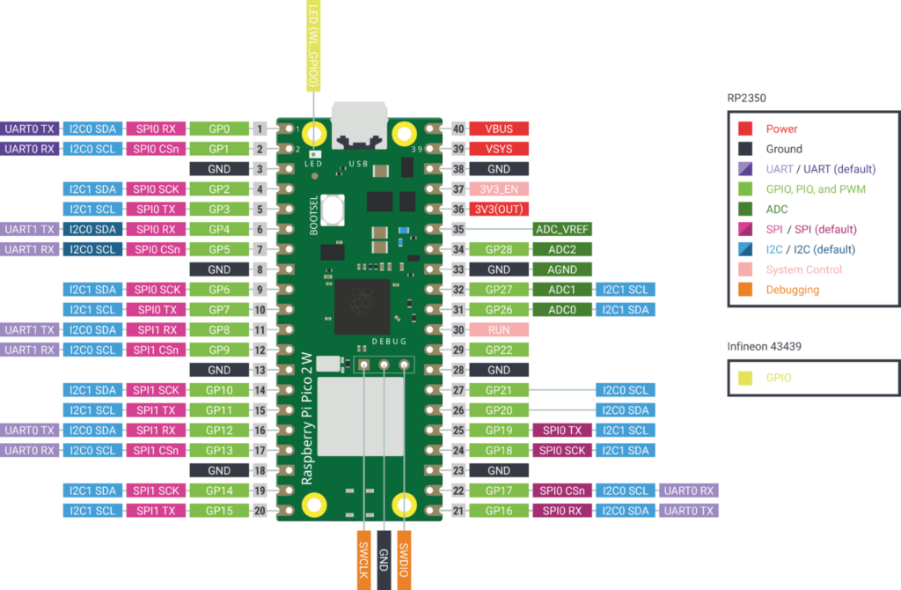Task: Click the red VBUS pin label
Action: (498, 129)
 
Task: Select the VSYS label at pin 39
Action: (498, 149)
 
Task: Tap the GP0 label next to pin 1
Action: (219, 129)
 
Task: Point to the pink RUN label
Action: (498, 329)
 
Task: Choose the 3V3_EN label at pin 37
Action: (498, 189)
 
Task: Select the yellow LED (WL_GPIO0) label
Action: (313, 44)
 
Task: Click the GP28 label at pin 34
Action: (498, 249)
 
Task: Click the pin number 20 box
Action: (260, 511)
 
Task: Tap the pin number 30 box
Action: (458, 329)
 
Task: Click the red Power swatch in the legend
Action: (745, 129)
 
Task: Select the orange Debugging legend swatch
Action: (745, 290)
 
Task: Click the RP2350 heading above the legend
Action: (747, 98)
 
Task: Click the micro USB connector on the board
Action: (358, 129)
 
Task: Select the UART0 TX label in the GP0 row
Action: (30, 129)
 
